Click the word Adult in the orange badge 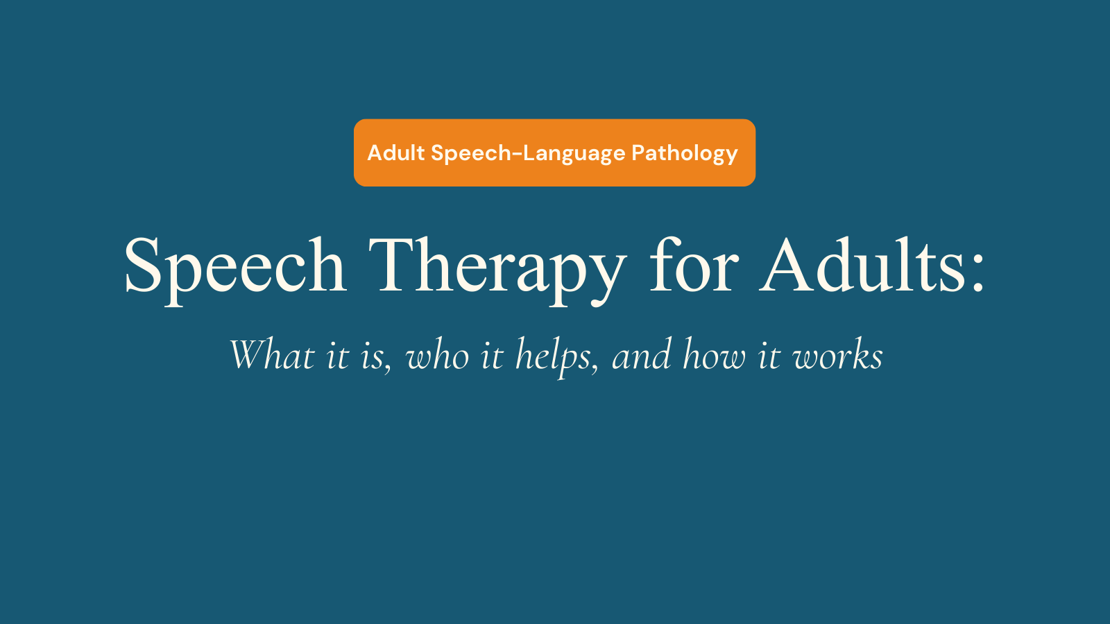point(395,153)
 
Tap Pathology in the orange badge point(684,153)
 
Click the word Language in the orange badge point(574,154)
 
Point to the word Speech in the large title point(234,267)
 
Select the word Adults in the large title point(863,266)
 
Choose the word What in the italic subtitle point(271,355)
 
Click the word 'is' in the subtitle point(373,356)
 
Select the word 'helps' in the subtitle point(553,356)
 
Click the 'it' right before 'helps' point(492,356)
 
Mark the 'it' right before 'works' point(769,356)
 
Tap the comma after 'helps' point(595,369)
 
